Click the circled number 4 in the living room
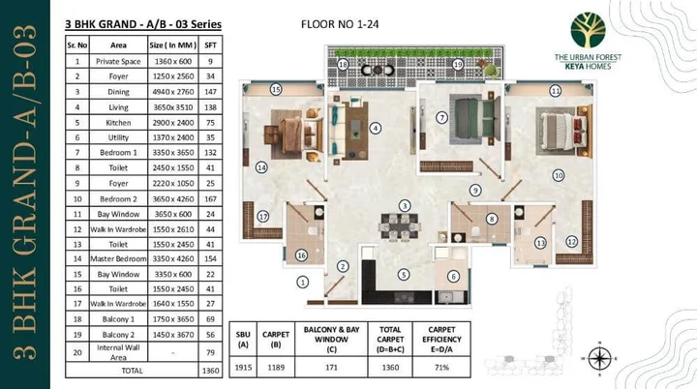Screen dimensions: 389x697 tap(375, 127)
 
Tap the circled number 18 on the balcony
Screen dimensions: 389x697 tap(344, 64)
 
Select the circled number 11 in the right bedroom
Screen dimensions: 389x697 tap(556, 91)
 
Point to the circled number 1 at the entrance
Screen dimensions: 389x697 tap(302, 283)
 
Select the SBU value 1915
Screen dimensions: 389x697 tap(243, 368)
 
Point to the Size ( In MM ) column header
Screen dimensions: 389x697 tap(175, 45)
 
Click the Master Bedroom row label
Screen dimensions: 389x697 tap(118, 259)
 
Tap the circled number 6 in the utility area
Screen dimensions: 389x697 tap(452, 277)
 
